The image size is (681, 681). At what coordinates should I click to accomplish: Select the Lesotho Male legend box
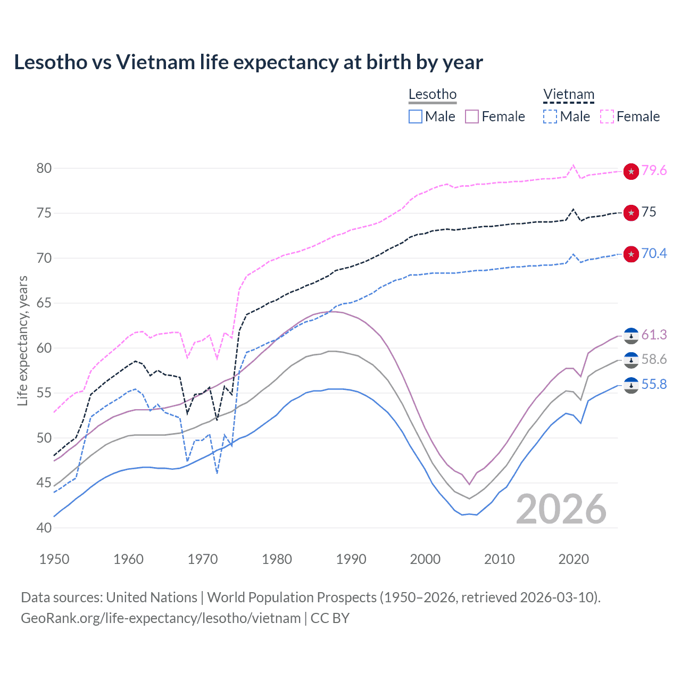[x=416, y=117]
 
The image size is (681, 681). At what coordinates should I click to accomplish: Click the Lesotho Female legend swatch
[x=472, y=117]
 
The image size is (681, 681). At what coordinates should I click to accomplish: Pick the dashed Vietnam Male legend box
[x=550, y=117]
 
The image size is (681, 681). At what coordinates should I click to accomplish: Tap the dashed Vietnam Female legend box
[x=607, y=117]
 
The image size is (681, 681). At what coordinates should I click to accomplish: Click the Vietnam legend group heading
[x=568, y=95]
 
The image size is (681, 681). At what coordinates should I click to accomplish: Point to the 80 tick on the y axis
[x=44, y=168]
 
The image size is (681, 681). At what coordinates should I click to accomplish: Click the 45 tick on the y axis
[x=44, y=483]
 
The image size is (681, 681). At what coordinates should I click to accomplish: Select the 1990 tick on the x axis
[x=351, y=559]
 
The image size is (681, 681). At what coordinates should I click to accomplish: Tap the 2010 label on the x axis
[x=499, y=559]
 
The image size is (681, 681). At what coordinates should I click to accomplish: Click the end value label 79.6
[x=654, y=171]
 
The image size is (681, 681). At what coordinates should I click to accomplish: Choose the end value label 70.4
[x=654, y=253]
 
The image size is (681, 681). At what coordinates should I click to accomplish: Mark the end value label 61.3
[x=654, y=335]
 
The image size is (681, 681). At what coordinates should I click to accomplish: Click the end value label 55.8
[x=654, y=384]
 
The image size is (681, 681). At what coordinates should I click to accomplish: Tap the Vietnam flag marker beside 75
[x=631, y=213]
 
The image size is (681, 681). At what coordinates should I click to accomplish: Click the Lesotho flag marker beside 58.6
[x=631, y=360]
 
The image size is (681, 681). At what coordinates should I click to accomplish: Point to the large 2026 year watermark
[x=561, y=510]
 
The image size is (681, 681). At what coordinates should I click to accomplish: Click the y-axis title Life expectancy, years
[x=23, y=340]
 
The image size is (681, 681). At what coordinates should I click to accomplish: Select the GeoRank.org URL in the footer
[x=161, y=618]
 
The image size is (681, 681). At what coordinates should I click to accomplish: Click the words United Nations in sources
[x=152, y=597]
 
